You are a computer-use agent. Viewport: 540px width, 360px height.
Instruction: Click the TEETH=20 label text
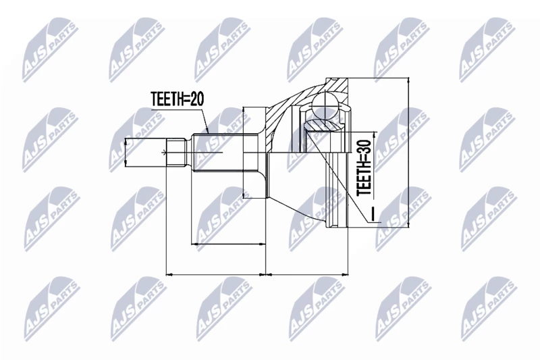tap(178, 99)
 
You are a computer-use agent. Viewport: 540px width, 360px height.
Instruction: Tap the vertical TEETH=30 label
tap(364, 168)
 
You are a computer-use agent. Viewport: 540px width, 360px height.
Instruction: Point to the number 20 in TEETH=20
tap(197, 99)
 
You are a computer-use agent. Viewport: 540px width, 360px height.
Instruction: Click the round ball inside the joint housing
tap(325, 103)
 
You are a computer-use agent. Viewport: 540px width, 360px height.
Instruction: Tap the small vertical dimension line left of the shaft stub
tap(126, 152)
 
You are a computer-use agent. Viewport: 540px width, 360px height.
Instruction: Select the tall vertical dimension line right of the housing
tap(408, 152)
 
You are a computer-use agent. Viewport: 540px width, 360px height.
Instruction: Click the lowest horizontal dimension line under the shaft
tap(216, 275)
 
